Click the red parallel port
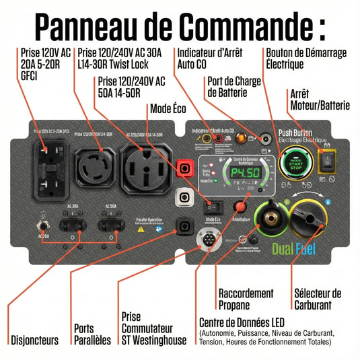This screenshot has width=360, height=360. [x=184, y=168]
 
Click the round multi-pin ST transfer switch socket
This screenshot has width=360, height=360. [x=206, y=240]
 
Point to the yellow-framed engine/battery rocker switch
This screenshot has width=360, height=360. [x=330, y=161]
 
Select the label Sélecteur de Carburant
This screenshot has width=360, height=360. [x=318, y=299]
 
